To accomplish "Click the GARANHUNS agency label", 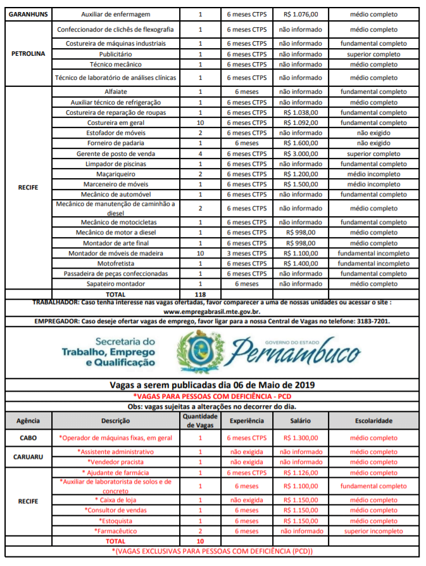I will coord(27,14).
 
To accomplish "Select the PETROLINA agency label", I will coord(28,54).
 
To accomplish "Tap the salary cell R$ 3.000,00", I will coord(300,154).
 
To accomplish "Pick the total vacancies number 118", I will coord(201,294).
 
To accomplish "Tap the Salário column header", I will coord(300,420).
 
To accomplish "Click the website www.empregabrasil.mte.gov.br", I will coord(212,311).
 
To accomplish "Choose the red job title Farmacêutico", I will coord(115,531).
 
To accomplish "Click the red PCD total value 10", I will coord(201,541).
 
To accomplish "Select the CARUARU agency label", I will coord(28,456).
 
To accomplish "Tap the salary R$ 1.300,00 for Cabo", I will coord(300,438).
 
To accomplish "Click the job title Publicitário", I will coord(115,54).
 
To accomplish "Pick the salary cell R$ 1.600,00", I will coord(300,143).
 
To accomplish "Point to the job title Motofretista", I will coord(115,263).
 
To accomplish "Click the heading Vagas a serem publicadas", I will coord(212,385).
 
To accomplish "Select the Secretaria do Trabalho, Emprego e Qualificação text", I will coord(108,352).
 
